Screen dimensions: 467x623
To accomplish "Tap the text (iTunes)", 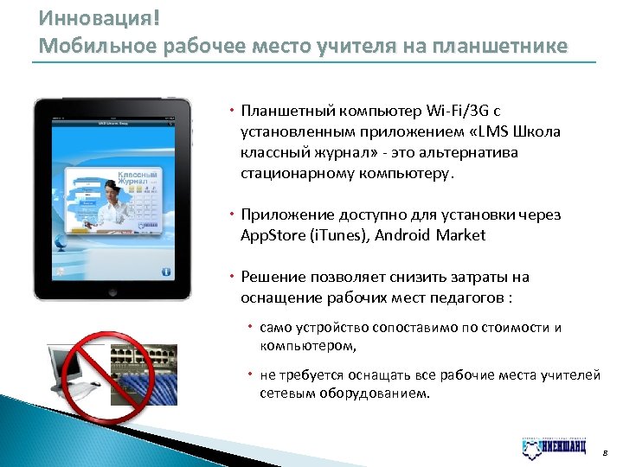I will coord(339,235).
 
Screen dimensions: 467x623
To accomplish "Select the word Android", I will coord(404,235).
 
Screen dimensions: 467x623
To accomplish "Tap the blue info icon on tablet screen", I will coord(165,271).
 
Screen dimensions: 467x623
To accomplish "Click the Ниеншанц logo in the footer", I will coord(554,447).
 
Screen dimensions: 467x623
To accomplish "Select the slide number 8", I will coord(605,451).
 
